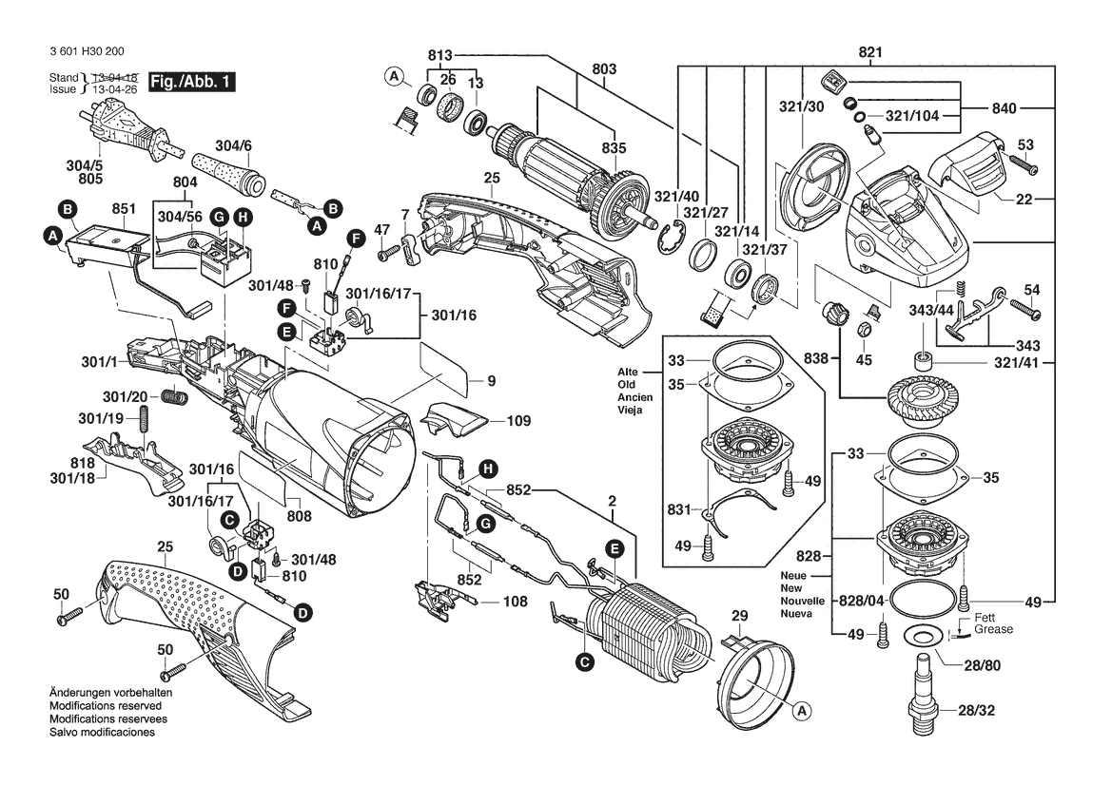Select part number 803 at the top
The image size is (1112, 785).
click(x=604, y=68)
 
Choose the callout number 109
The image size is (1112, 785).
click(x=517, y=419)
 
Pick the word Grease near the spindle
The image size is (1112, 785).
click(x=993, y=629)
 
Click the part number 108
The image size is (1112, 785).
click(x=515, y=602)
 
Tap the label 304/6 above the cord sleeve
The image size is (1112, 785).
click(x=233, y=145)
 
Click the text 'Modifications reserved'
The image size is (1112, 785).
click(x=105, y=707)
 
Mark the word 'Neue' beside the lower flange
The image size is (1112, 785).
click(x=793, y=577)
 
